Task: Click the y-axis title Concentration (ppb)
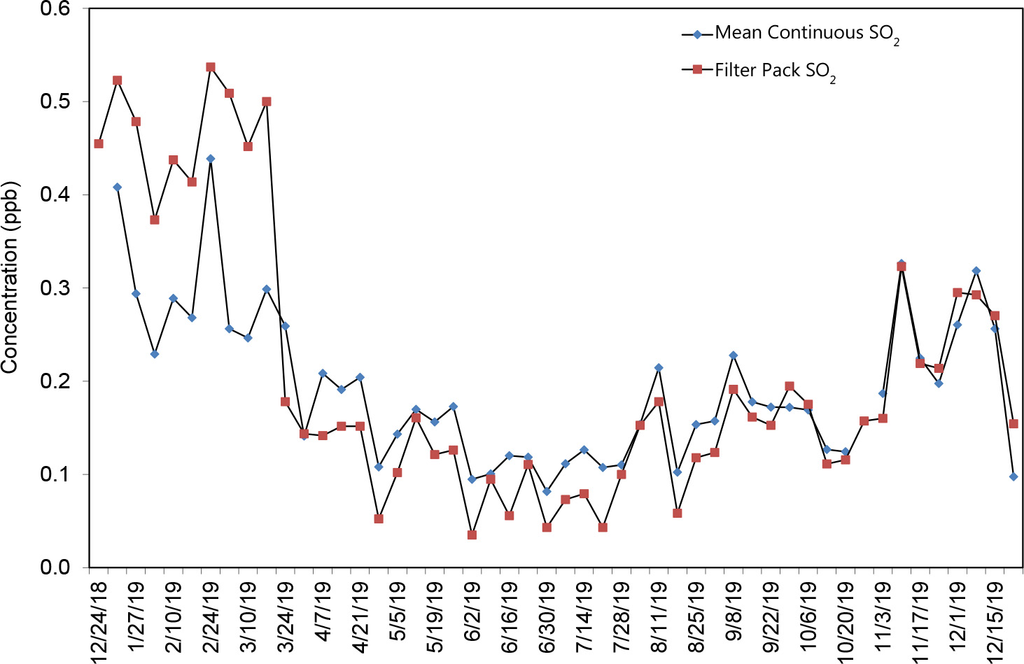[10, 278]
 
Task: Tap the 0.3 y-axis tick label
[56, 288]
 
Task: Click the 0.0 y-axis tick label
[56, 567]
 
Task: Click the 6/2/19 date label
[472, 615]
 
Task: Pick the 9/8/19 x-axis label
[734, 615]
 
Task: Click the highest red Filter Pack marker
[211, 67]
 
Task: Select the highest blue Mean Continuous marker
[211, 159]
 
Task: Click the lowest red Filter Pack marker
[472, 535]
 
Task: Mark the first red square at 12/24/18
[99, 143]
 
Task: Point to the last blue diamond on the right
[1013, 476]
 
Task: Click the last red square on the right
[1013, 423]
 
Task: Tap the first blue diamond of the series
[118, 187]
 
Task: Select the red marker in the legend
[697, 69]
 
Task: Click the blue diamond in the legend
[697, 33]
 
